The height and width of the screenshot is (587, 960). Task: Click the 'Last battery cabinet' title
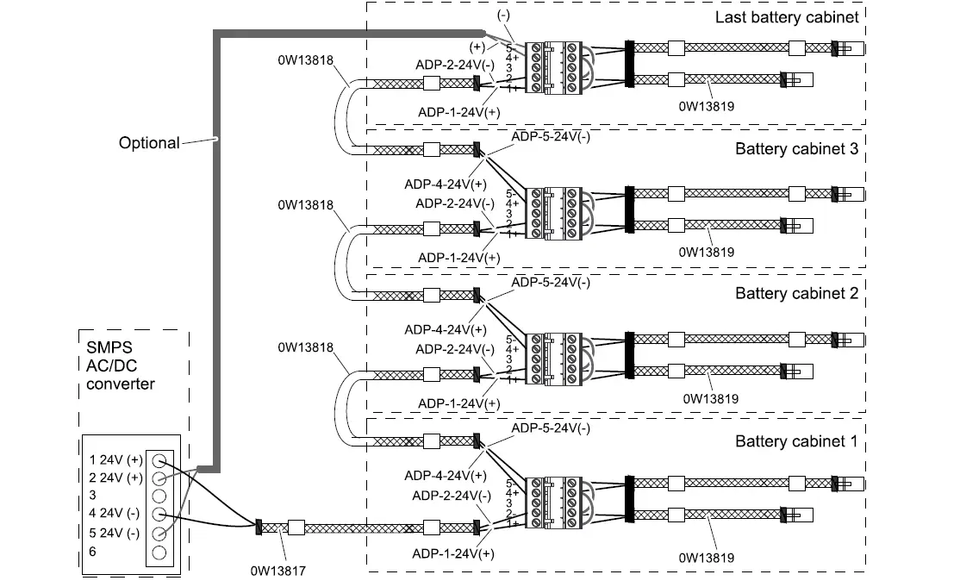[786, 18]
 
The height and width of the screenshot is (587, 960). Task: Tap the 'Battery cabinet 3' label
[796, 148]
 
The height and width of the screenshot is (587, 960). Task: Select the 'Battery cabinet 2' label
[796, 293]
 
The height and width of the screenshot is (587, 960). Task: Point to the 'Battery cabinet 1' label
[796, 441]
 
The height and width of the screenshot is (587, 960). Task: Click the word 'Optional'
[149, 143]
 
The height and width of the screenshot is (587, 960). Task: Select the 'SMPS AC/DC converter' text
[121, 366]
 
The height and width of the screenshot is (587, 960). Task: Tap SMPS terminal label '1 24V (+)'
[115, 459]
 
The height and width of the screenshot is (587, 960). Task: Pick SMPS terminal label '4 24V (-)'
[115, 514]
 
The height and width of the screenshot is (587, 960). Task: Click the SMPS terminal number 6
[92, 551]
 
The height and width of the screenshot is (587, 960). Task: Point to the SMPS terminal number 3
[92, 496]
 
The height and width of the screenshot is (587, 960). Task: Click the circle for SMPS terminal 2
[159, 478]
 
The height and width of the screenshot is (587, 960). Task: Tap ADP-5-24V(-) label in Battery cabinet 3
[551, 137]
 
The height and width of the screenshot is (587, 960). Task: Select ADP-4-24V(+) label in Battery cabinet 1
[445, 475]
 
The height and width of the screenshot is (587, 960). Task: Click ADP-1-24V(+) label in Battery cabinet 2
[458, 403]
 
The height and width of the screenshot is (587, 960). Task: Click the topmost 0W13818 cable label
[305, 60]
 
